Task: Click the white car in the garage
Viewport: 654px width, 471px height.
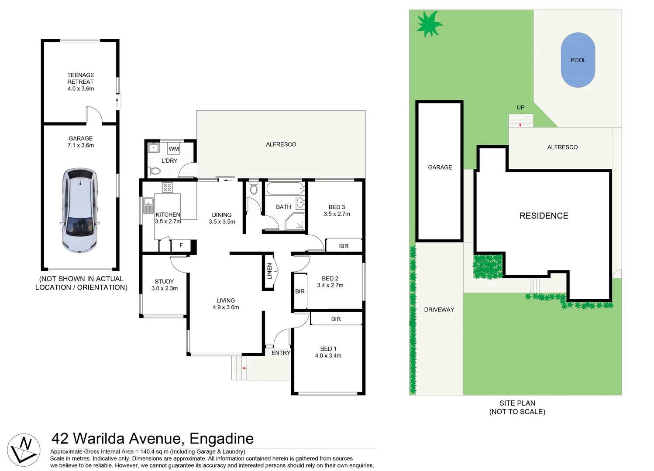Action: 79,210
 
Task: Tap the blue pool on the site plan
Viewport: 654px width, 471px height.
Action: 578,60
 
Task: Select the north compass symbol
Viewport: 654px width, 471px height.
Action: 24,450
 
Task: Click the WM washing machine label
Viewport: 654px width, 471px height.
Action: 174,149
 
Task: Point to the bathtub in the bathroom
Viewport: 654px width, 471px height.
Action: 285,189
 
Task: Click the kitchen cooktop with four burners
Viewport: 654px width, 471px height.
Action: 168,188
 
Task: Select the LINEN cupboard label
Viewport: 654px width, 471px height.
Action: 269,271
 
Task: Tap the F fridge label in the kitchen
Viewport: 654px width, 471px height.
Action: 181,246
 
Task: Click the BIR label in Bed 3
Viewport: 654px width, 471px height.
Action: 344,246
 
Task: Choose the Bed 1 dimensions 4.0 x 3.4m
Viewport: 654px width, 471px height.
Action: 328,355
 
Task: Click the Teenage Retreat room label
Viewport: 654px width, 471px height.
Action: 80,78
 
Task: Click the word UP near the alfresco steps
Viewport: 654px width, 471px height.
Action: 520,107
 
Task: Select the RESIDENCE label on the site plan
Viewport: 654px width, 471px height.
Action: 544,216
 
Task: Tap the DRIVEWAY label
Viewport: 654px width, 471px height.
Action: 439,310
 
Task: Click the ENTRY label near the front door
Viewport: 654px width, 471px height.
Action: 281,353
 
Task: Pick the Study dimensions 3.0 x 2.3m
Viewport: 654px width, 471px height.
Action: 165,288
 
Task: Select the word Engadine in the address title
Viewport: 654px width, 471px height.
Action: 221,438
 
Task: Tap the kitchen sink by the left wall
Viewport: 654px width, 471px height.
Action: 148,205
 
